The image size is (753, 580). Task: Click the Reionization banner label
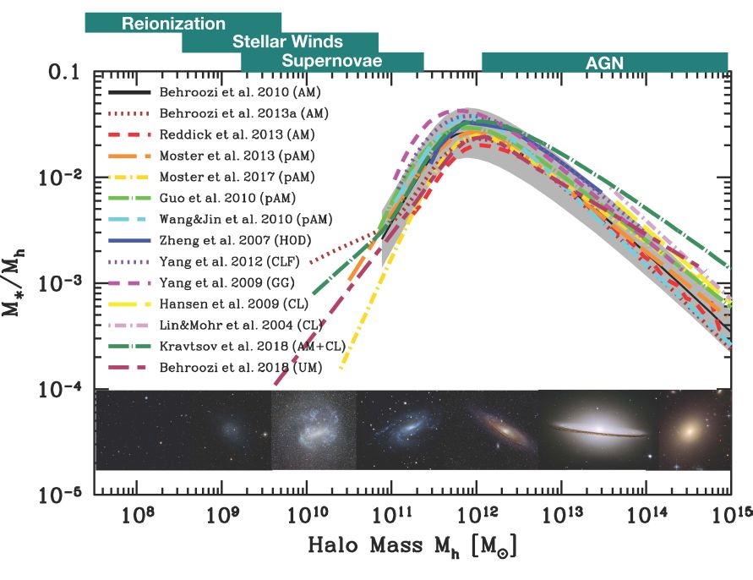(x=174, y=24)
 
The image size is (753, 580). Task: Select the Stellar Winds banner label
(x=287, y=41)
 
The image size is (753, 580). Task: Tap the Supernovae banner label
(x=332, y=61)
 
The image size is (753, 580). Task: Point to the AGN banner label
(x=604, y=61)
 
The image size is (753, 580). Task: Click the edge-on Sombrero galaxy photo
(x=597, y=430)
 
